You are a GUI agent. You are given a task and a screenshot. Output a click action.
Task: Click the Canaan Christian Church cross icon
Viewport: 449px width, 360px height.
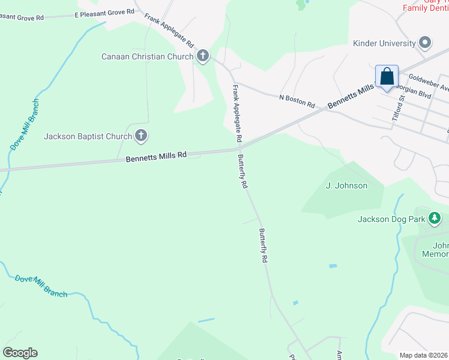click(203, 57)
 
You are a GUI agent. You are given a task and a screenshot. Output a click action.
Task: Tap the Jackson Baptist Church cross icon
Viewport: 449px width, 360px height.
click(141, 136)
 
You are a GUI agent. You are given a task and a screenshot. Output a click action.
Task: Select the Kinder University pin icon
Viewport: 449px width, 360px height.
click(426, 43)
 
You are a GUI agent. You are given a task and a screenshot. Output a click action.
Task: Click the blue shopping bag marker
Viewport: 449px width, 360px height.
click(387, 77)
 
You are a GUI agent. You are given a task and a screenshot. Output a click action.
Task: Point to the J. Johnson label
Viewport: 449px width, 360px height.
click(346, 185)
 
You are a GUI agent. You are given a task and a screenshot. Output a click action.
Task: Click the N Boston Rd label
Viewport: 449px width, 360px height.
click(297, 100)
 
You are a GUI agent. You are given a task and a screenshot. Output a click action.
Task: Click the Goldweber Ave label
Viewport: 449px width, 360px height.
click(428, 81)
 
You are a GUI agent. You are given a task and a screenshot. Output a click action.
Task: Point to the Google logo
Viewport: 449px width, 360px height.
click(20, 353)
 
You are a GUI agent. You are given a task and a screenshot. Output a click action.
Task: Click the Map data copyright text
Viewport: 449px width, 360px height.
click(424, 355)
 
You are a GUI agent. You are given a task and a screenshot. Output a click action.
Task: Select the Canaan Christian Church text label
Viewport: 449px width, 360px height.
click(147, 57)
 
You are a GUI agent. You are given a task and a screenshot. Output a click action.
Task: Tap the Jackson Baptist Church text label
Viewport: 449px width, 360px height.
click(88, 136)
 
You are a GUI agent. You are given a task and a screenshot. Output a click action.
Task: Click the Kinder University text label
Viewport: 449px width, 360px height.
click(384, 43)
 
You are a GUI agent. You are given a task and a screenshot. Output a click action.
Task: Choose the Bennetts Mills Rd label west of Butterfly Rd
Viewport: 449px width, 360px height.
click(156, 157)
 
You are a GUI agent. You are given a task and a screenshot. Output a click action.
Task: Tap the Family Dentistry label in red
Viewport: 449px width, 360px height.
click(425, 8)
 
